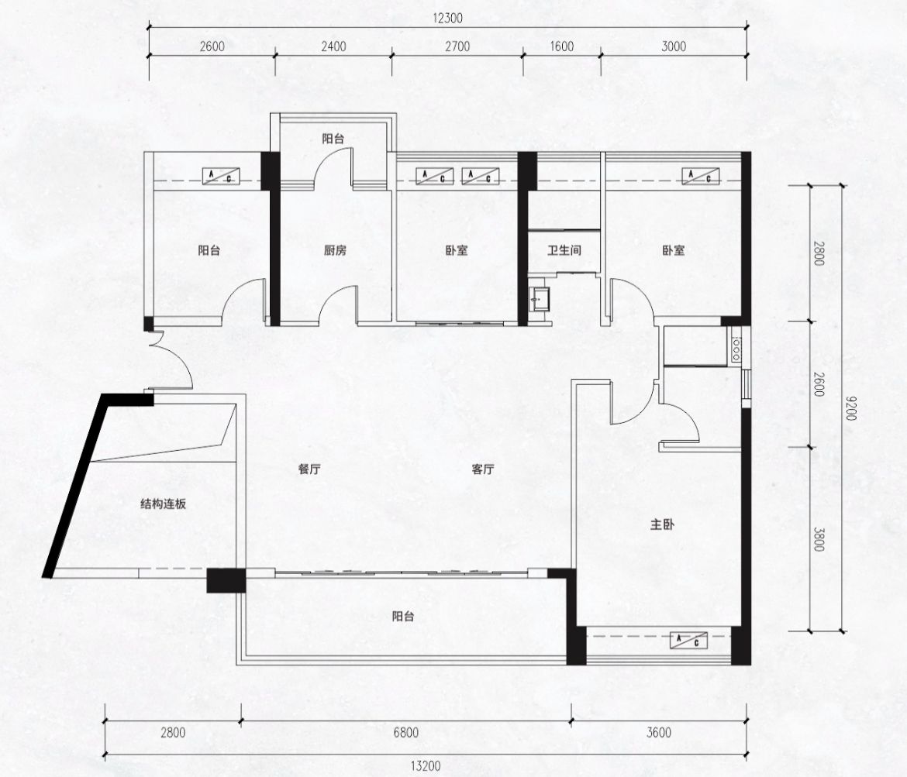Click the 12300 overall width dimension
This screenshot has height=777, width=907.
[448, 19]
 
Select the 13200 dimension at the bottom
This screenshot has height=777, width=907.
[426, 767]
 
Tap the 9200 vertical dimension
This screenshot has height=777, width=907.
[850, 408]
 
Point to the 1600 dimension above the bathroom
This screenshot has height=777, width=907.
[562, 46]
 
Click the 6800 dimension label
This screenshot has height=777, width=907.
[405, 733]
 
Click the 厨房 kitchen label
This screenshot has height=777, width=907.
[335, 250]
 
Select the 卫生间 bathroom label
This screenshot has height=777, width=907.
[564, 250]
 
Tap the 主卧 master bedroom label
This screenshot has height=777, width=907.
[662, 525]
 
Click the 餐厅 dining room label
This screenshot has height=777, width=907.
[309, 469]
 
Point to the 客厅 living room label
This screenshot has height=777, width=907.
[482, 469]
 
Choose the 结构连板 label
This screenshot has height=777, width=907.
[164, 504]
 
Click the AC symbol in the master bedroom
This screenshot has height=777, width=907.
[689, 641]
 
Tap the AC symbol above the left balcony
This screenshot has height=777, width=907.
[221, 177]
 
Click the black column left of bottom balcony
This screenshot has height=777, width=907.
[226, 580]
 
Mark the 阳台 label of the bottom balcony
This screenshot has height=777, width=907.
[403, 617]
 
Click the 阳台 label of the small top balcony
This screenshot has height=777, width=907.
[333, 139]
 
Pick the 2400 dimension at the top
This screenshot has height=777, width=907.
[334, 46]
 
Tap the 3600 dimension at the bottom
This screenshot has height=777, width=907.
[659, 733]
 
